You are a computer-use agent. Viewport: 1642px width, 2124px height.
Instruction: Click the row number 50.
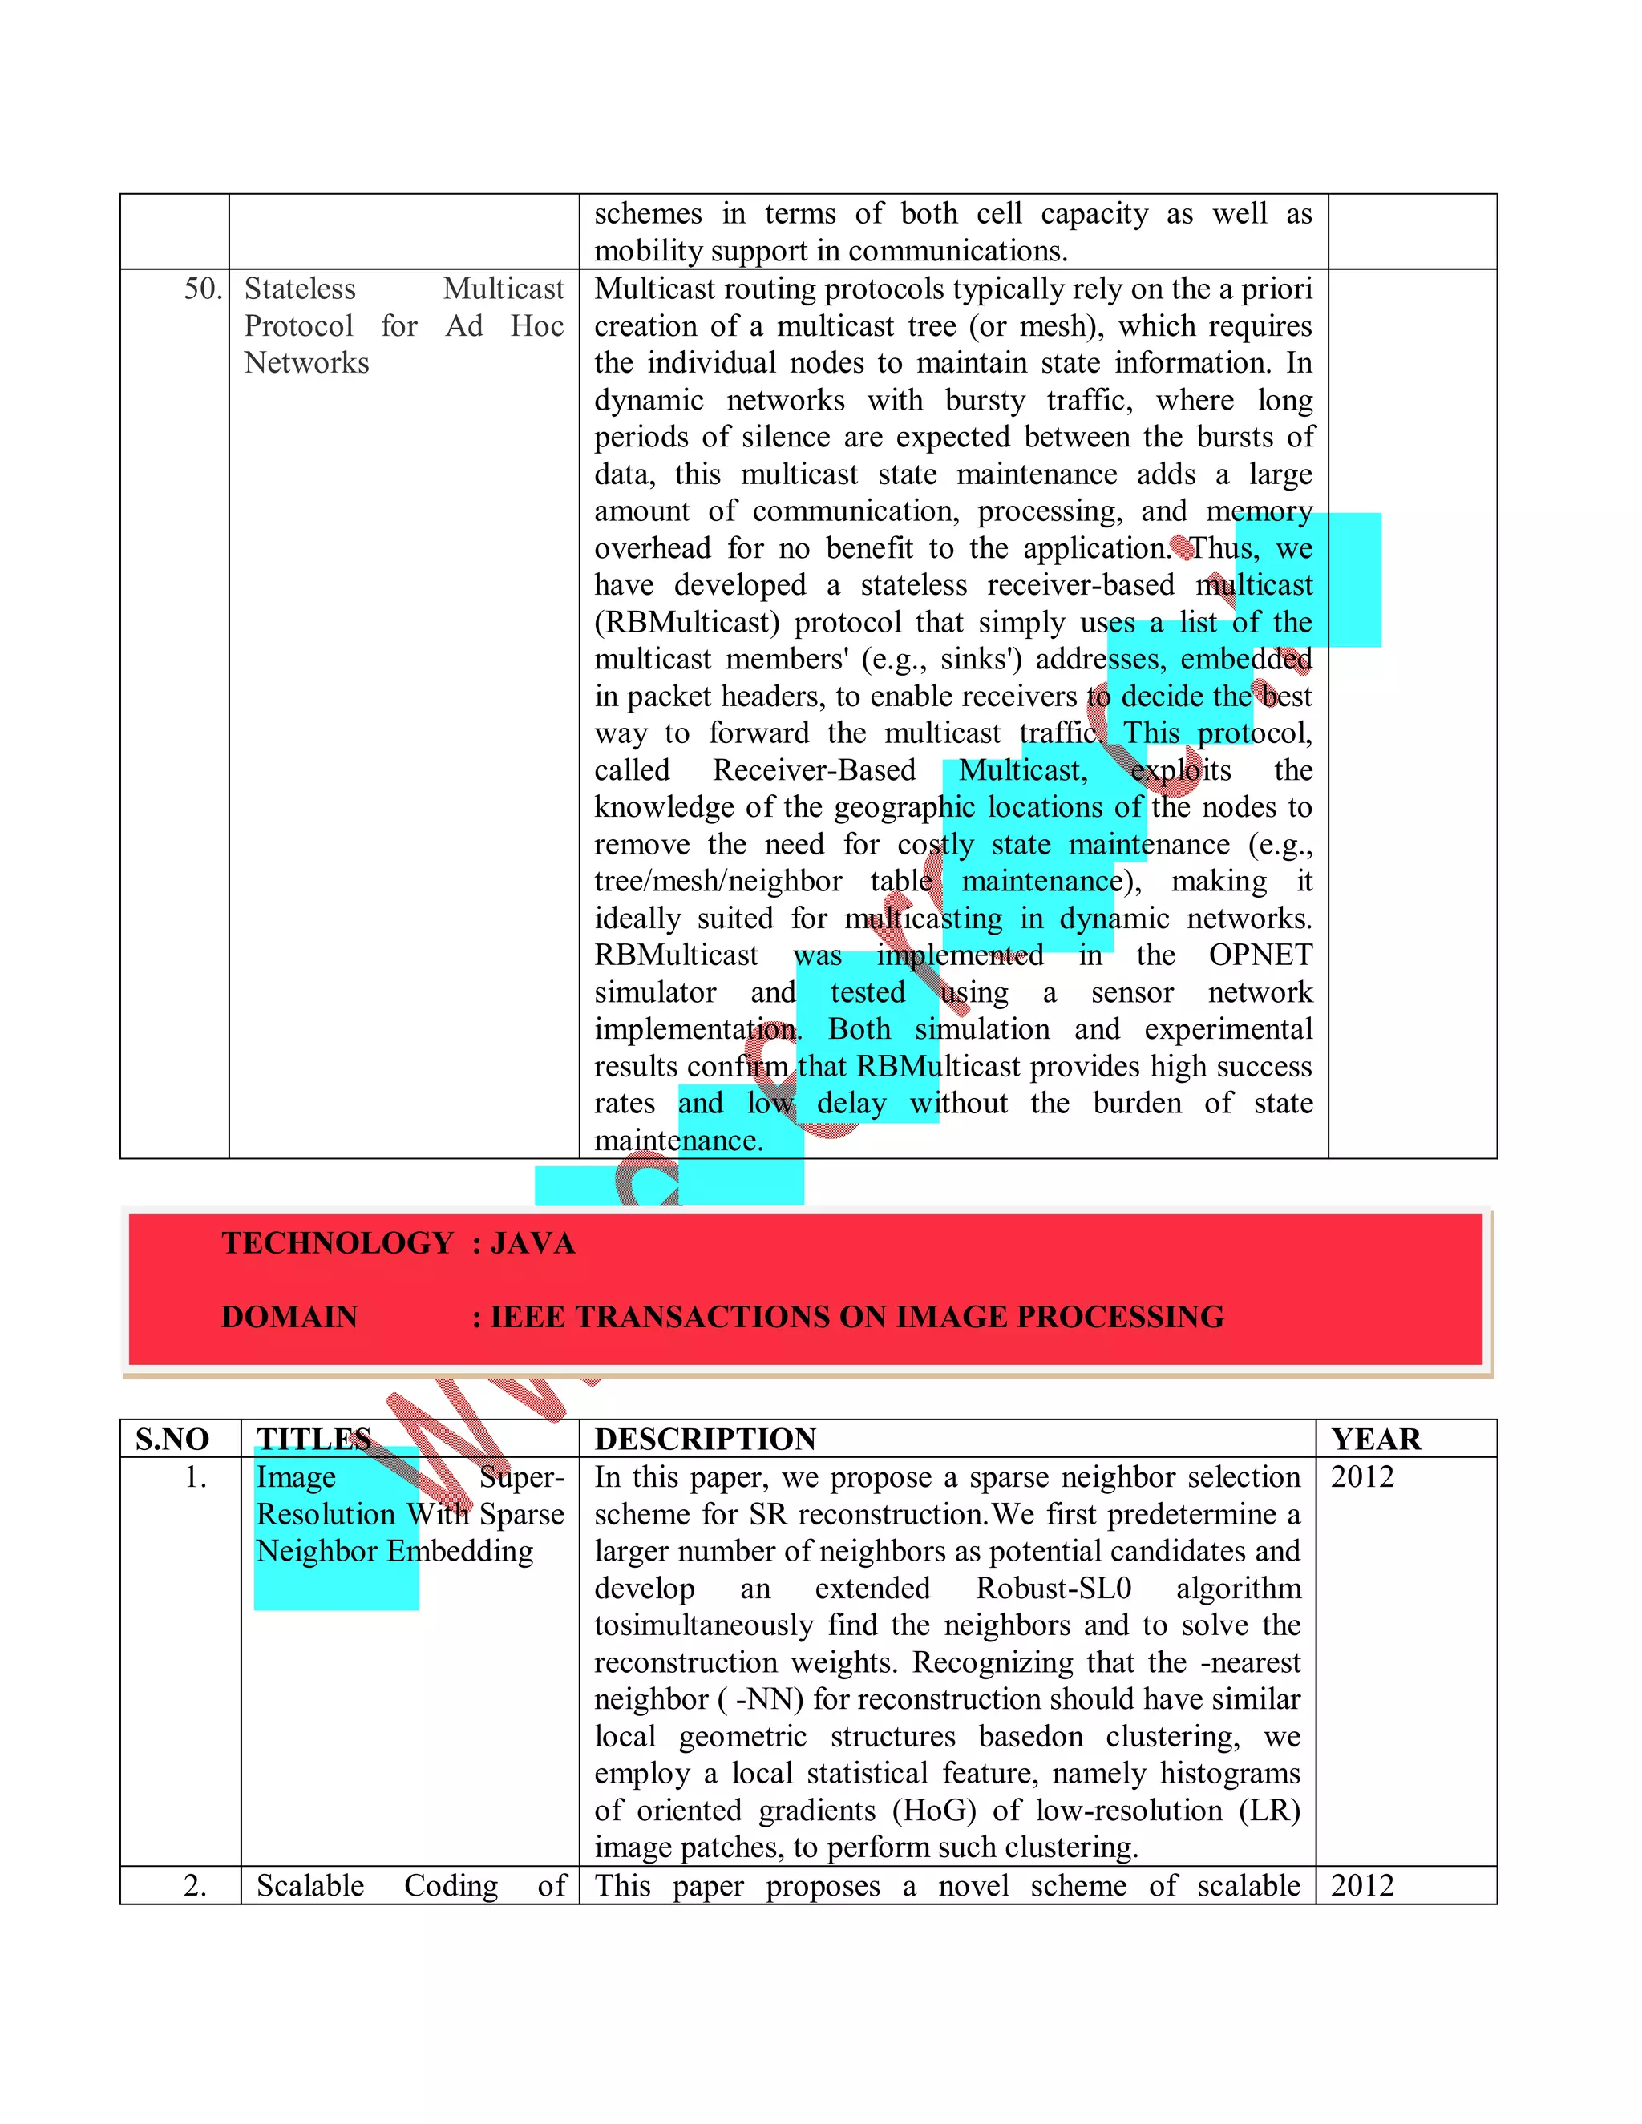(x=202, y=289)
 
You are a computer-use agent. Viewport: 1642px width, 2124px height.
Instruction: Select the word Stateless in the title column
(x=300, y=289)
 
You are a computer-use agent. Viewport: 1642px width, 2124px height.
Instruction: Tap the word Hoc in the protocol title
(x=537, y=325)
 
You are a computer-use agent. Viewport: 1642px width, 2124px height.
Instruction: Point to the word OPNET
(x=1260, y=955)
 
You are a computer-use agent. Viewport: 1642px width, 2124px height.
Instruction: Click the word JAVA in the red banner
(x=532, y=1243)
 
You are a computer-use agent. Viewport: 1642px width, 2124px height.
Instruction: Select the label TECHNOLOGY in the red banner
(x=338, y=1243)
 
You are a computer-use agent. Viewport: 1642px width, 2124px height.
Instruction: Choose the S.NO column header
(x=172, y=1440)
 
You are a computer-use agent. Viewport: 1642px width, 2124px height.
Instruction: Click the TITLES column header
(x=313, y=1440)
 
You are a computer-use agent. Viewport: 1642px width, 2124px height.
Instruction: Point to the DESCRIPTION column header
(x=706, y=1440)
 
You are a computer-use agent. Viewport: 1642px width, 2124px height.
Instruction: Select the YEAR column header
(x=1376, y=1440)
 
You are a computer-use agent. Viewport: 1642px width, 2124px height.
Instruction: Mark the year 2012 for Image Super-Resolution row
(x=1362, y=1477)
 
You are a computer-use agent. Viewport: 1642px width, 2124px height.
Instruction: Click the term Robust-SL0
(x=1054, y=1588)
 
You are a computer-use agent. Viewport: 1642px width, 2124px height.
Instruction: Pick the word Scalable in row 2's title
(x=310, y=1886)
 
